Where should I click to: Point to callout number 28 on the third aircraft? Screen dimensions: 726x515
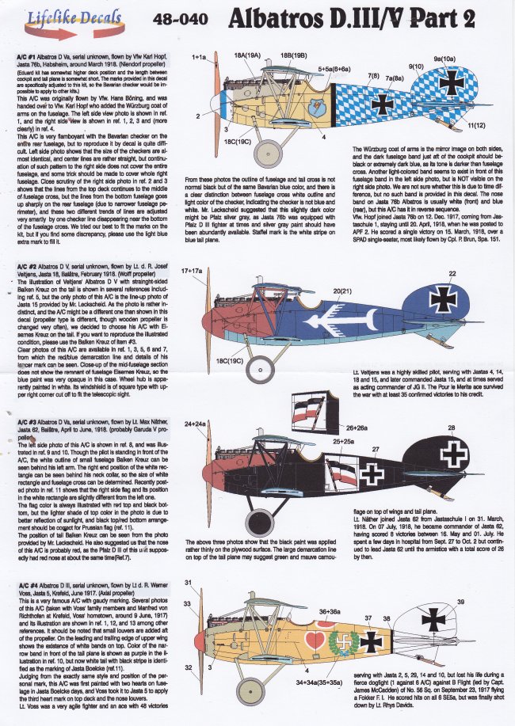pos(452,428)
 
